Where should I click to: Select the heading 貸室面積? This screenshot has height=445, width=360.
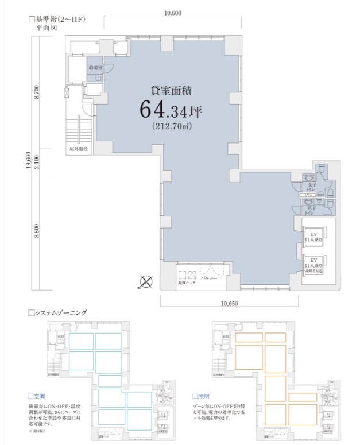point(171,89)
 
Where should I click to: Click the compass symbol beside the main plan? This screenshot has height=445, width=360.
point(146,281)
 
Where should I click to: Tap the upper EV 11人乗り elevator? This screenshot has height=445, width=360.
point(315,237)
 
